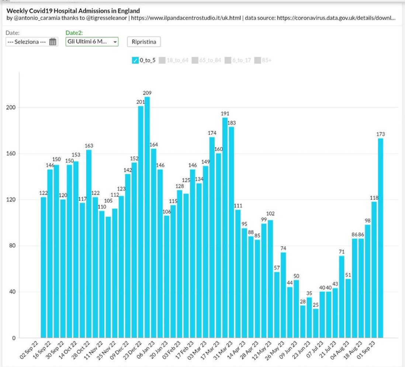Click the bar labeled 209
(x=147, y=217)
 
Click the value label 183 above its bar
(x=232, y=123)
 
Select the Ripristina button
(x=144, y=42)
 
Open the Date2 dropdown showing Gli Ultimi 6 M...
(x=92, y=42)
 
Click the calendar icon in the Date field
(x=53, y=42)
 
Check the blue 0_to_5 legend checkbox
(x=135, y=60)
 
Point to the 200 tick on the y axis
(x=12, y=107)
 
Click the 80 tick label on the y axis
(x=13, y=246)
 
